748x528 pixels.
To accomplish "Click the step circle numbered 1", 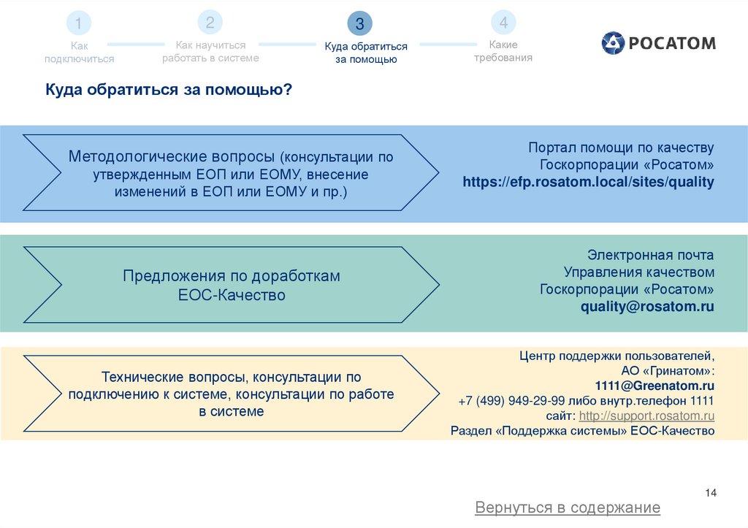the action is [x=79, y=24].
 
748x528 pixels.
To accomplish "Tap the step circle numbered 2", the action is [x=210, y=23].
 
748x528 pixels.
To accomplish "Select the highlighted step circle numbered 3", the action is [x=359, y=24].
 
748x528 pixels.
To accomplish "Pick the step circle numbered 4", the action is [x=503, y=23].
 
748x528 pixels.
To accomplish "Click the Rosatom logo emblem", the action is [x=614, y=43].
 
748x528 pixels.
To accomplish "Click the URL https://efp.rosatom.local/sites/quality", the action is [x=588, y=182].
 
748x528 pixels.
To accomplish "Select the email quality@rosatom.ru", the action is [x=647, y=307].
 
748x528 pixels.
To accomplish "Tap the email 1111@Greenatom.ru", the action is [x=654, y=385].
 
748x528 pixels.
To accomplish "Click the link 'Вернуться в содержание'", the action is [x=568, y=508].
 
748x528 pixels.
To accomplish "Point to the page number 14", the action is [x=711, y=494].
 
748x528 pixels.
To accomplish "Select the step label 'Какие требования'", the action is [x=503, y=51].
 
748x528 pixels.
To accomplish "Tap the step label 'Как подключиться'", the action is [x=79, y=53].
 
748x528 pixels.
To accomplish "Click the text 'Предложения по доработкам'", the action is [x=232, y=277].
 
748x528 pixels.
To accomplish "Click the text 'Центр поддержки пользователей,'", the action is [x=617, y=356].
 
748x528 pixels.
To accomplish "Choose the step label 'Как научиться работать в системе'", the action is [x=210, y=51].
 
